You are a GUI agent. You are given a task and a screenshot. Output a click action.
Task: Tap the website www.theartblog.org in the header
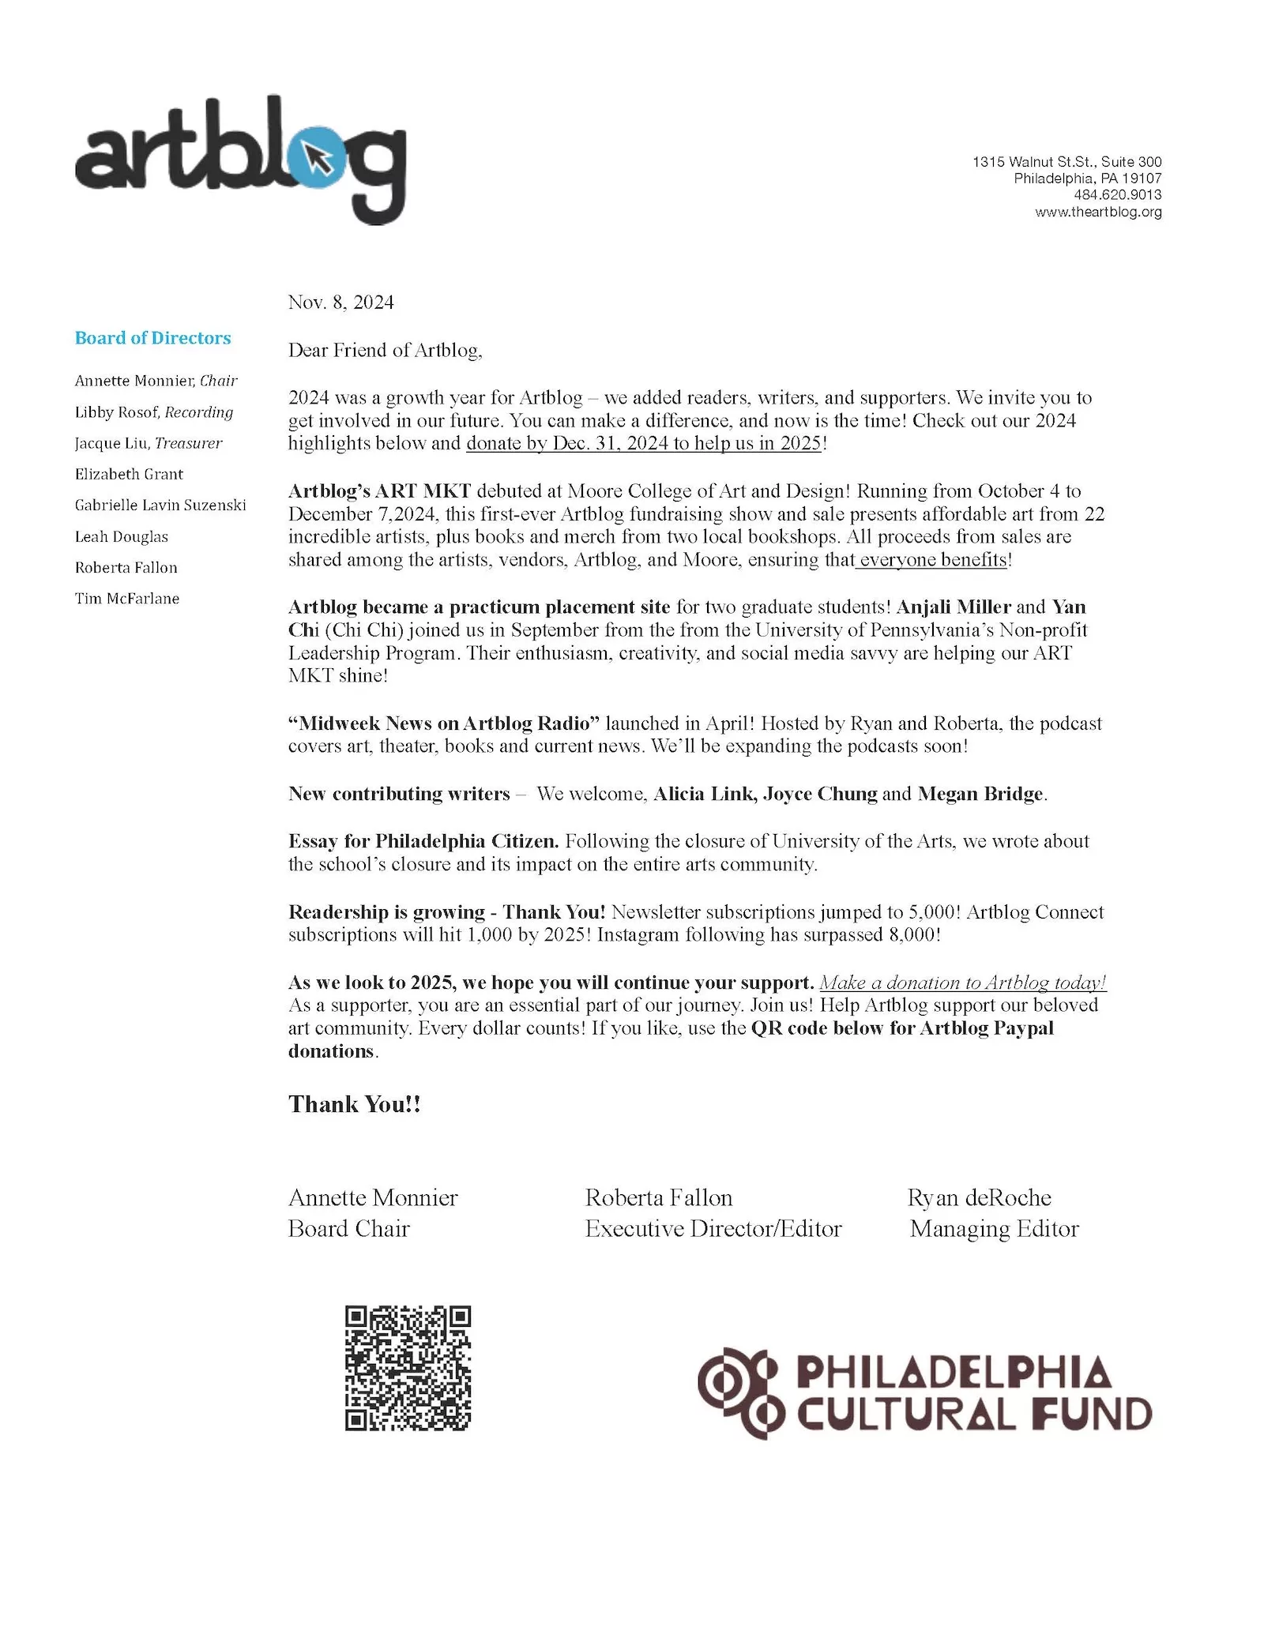[x=1098, y=212]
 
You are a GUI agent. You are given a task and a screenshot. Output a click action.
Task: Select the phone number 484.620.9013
[x=1117, y=195]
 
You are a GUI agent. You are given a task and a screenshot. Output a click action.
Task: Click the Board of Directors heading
[x=152, y=338]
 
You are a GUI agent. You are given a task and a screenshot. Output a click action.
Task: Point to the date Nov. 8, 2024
[x=340, y=302]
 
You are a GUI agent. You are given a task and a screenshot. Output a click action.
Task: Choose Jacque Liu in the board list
[x=111, y=443]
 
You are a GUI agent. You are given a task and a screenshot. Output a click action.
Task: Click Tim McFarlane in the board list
[x=127, y=599]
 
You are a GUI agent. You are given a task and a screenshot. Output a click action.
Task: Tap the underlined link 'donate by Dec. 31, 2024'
[x=644, y=443]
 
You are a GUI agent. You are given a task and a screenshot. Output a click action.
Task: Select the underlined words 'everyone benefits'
[x=933, y=560]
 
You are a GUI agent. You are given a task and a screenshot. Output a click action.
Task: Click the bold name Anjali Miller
[x=954, y=607]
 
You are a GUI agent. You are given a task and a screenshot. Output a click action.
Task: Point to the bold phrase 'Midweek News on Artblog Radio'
[x=444, y=723]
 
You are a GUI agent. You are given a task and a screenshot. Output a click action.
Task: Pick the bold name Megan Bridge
[x=980, y=794]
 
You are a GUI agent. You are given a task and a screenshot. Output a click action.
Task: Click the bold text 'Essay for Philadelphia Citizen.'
[x=423, y=841]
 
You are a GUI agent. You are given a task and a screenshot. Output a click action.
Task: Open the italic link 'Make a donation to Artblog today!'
[x=962, y=983]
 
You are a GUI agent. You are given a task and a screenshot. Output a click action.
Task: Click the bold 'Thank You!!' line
[x=354, y=1104]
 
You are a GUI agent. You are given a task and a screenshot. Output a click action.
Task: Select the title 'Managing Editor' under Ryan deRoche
[x=994, y=1229]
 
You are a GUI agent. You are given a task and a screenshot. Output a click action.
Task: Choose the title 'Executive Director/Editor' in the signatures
[x=713, y=1229]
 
